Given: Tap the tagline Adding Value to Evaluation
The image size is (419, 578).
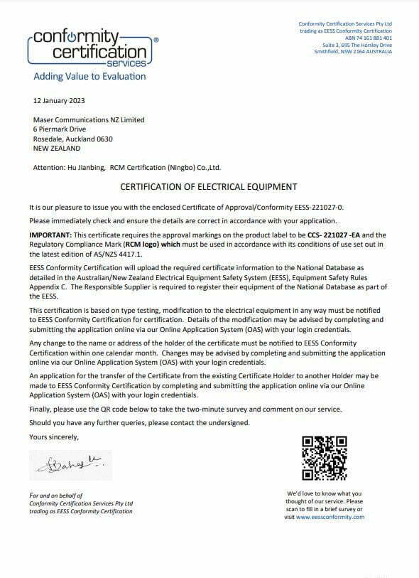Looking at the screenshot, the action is pos(89,76).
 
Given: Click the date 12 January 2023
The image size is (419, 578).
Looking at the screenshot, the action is pos(60,101).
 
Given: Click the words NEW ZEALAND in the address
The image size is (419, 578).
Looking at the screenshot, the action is pos(57,149).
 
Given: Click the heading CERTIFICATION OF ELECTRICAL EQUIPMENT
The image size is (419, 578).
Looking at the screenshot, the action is pos(209,187).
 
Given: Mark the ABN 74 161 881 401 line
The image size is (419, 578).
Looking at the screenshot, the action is pos(369,38).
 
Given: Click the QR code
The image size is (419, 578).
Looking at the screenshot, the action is pos(325,459).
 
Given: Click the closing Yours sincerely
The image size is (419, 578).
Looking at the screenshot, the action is pos(54,437).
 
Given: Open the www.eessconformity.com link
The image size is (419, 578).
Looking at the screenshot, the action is pos(331,517).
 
